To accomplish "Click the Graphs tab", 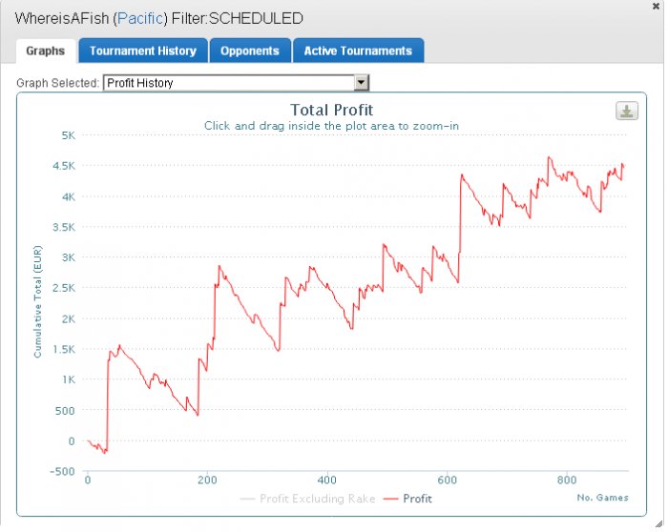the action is pyautogui.click(x=46, y=51).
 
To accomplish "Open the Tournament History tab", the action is pyautogui.click(x=143, y=51).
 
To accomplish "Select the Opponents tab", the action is pyautogui.click(x=250, y=51).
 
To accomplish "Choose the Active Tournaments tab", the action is pyautogui.click(x=358, y=51).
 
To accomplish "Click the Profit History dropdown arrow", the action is pyautogui.click(x=361, y=82).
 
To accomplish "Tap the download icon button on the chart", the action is pyautogui.click(x=627, y=112).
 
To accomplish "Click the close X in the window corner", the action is pyautogui.click(x=657, y=7).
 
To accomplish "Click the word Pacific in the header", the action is pyautogui.click(x=140, y=19).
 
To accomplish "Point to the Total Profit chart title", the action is pyautogui.click(x=331, y=110).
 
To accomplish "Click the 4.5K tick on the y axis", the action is pyautogui.click(x=64, y=166).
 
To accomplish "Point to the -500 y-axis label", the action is pyautogui.click(x=62, y=472).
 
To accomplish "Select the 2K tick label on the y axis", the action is pyautogui.click(x=68, y=318).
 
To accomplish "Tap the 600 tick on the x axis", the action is pyautogui.click(x=447, y=481).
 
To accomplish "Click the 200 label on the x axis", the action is pyautogui.click(x=207, y=481).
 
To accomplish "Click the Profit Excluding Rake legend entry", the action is pyautogui.click(x=307, y=499).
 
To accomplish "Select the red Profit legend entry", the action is pyautogui.click(x=407, y=499).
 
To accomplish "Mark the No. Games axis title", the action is pyautogui.click(x=602, y=498).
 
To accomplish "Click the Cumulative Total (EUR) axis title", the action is pyautogui.click(x=38, y=301).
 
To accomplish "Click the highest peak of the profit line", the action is pyautogui.click(x=549, y=157).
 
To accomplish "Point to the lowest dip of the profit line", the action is pyautogui.click(x=105, y=453).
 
